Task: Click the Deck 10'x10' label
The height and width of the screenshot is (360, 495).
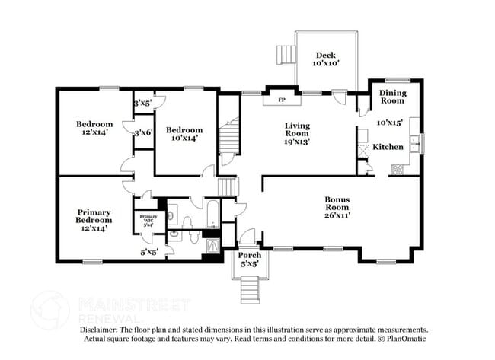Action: pyautogui.click(x=326, y=59)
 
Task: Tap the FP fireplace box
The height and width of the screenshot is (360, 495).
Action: pyautogui.click(x=281, y=100)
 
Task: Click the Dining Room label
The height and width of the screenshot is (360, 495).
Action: pyautogui.click(x=393, y=97)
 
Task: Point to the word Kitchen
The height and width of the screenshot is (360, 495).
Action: pyautogui.click(x=387, y=145)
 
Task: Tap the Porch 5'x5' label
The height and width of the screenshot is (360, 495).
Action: pyautogui.click(x=250, y=260)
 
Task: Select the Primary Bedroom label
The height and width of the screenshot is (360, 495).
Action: pyautogui.click(x=94, y=219)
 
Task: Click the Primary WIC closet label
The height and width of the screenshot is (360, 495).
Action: pyautogui.click(x=148, y=221)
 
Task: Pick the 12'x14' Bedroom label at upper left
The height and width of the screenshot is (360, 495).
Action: pyautogui.click(x=94, y=128)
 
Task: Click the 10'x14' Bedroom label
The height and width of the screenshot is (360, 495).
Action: pyautogui.click(x=185, y=133)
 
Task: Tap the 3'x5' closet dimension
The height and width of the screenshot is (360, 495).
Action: pyautogui.click(x=143, y=103)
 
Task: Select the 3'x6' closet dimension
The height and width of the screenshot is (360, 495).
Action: pyautogui.click(x=143, y=132)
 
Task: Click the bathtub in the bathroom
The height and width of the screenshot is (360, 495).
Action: pyautogui.click(x=212, y=214)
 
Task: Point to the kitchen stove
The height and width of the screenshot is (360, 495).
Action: pyautogui.click(x=398, y=169)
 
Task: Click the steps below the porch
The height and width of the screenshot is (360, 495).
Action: pyautogui.click(x=250, y=288)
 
